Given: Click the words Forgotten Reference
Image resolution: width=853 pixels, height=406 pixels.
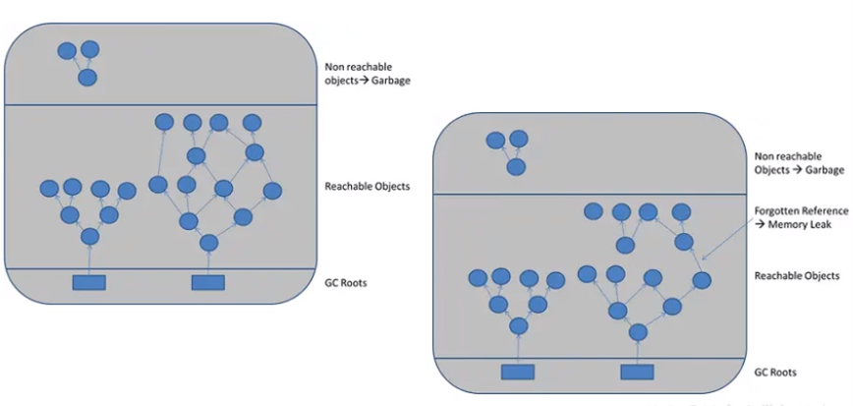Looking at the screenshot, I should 796,211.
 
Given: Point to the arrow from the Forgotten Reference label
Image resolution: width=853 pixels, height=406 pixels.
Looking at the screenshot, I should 732,237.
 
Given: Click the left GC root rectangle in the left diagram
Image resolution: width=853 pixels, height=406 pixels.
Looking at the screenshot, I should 89,283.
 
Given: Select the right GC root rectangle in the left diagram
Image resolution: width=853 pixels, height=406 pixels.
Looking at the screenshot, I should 208,283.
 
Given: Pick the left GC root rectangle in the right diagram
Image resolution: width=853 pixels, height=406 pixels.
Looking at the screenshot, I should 517,372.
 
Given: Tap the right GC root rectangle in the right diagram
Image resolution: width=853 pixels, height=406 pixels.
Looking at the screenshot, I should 637,372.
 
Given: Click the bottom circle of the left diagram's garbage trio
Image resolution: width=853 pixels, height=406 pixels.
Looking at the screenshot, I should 87,77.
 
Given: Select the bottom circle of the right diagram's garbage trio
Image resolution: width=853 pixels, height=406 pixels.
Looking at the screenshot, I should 515,166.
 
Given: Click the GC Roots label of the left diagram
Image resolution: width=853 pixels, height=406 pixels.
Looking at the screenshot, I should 345,283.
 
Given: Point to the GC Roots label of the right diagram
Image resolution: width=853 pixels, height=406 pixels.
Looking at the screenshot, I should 775,373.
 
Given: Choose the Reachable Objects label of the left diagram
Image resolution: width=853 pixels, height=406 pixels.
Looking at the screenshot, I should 367,186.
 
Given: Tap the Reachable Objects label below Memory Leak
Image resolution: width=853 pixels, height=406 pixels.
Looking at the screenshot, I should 797,276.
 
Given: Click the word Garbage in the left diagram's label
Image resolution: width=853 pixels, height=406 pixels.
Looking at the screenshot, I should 391,81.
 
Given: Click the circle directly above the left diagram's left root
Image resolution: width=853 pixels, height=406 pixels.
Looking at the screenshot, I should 89,236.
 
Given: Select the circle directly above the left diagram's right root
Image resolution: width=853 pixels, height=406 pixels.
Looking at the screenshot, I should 208,243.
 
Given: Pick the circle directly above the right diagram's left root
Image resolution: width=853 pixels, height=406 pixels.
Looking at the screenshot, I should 517,325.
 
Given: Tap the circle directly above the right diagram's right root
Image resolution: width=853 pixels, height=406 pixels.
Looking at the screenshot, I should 638,332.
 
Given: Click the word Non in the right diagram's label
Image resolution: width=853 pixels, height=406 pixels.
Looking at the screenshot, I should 765,156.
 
